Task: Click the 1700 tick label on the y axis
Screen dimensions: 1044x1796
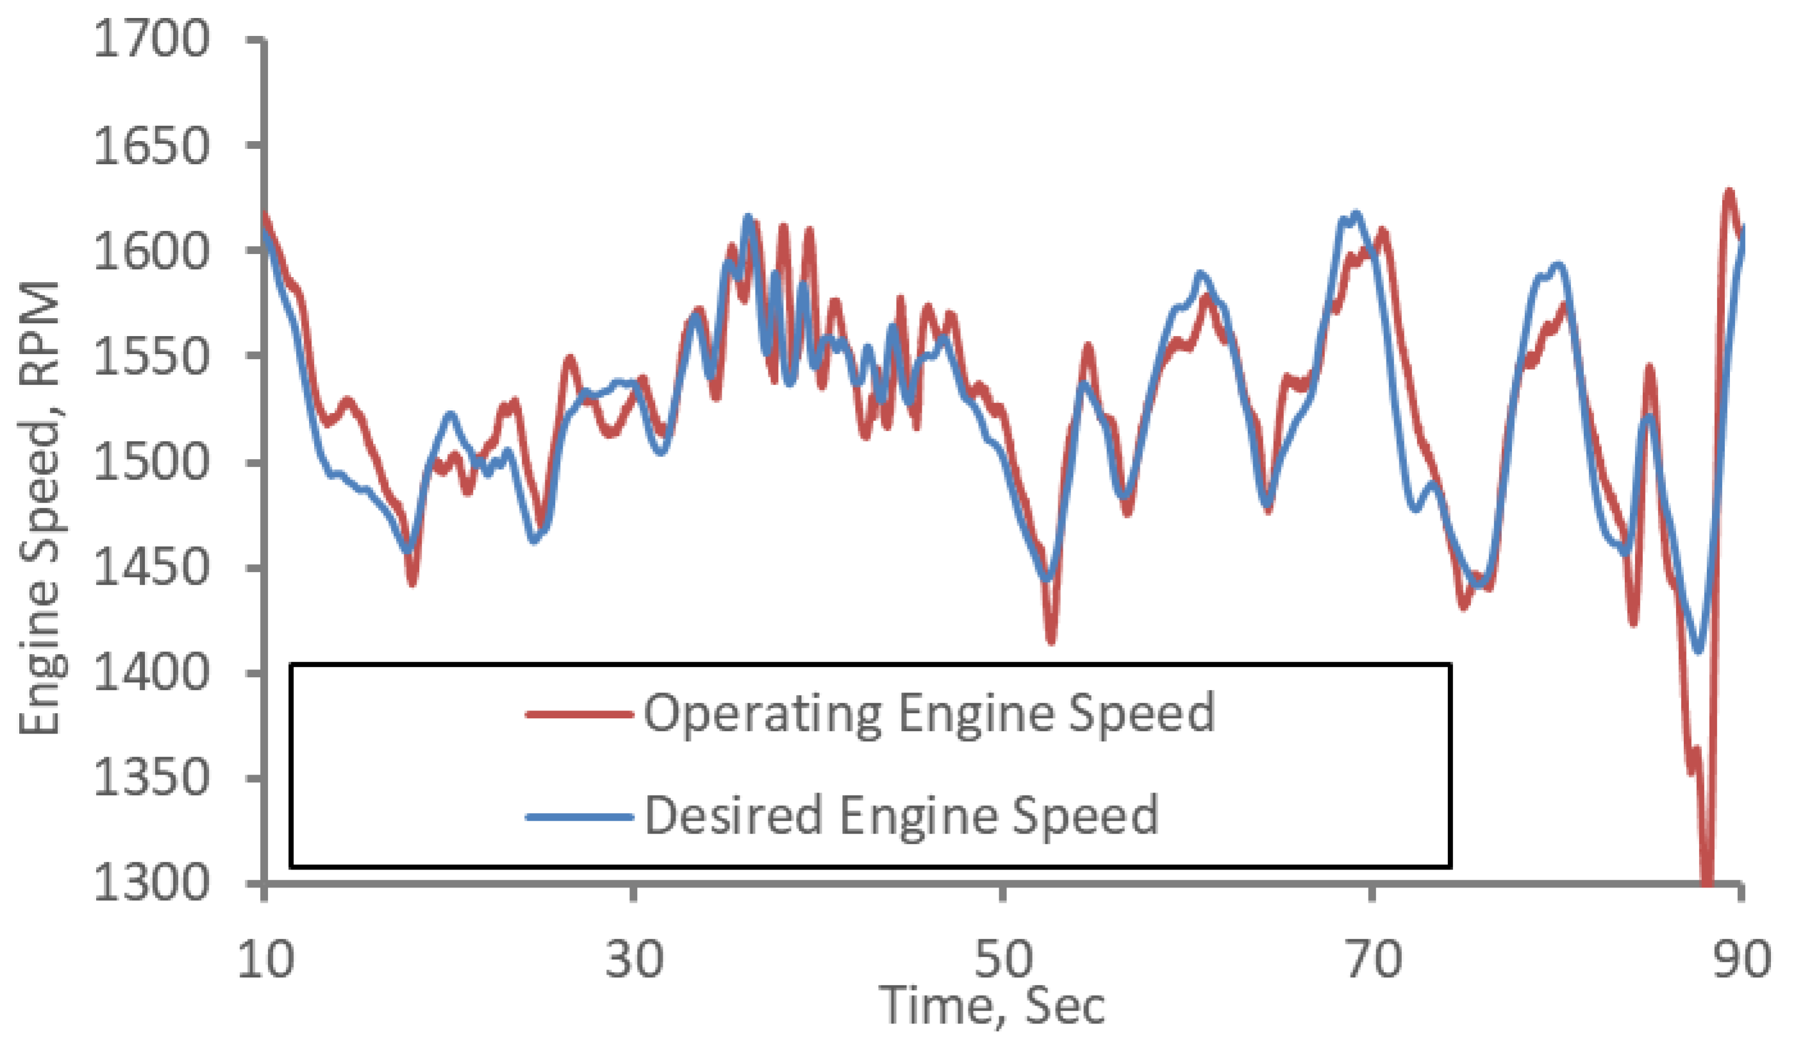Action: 151,38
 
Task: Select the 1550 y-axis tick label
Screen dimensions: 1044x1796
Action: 151,357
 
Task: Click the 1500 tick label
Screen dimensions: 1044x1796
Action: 151,462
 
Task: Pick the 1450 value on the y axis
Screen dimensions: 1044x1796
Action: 151,568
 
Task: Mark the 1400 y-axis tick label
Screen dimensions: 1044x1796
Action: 151,674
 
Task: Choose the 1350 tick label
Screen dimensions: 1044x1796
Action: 151,779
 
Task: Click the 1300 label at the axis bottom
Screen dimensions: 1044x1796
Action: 151,884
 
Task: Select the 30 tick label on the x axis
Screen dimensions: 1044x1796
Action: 633,959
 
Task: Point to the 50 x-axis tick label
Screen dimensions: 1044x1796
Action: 1002,959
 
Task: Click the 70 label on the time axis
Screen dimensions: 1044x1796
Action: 1373,959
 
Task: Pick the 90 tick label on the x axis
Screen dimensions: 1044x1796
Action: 1742,959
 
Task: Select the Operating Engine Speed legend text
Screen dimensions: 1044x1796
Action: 929,713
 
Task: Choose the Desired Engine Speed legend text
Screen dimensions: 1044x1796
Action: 901,816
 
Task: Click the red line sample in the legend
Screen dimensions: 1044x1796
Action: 579,713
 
